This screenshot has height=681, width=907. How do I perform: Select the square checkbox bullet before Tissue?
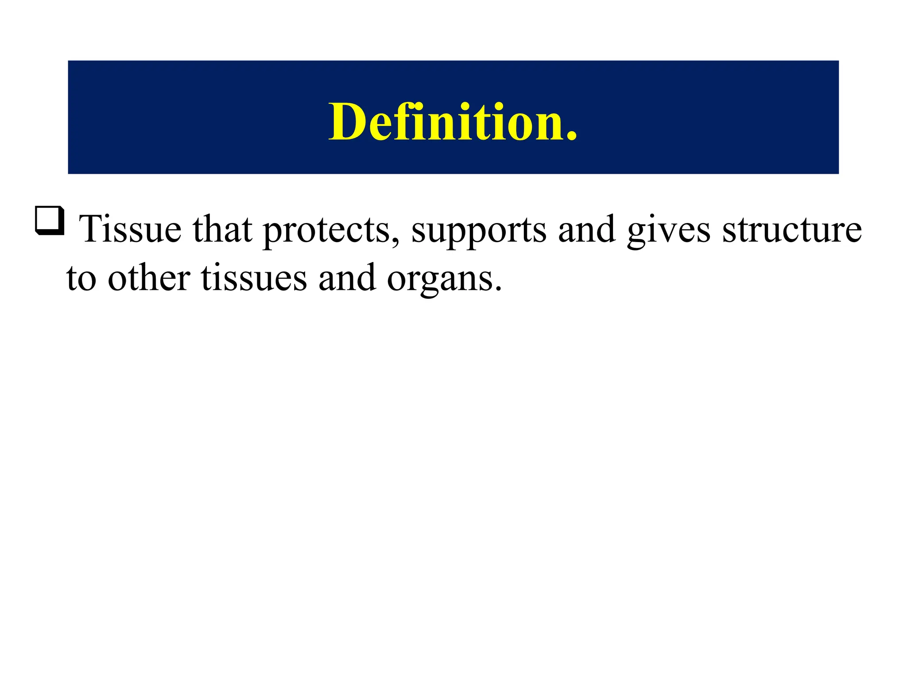(50, 220)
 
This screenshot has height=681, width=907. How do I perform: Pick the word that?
(222, 229)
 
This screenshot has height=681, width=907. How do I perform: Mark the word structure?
(792, 229)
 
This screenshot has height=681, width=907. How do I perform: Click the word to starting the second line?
(81, 278)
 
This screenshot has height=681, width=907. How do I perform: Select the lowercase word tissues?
(254, 278)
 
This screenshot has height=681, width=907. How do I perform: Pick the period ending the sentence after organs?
(499, 289)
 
